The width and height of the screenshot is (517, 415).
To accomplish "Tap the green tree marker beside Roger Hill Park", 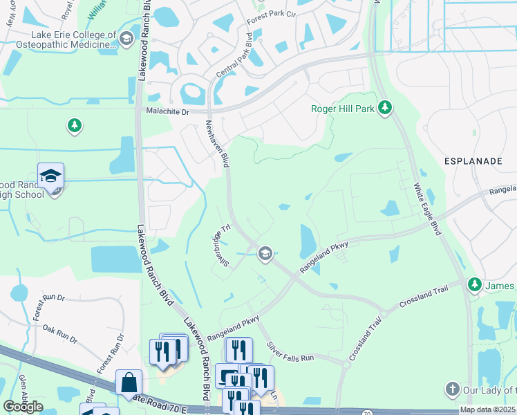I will (x=386, y=108).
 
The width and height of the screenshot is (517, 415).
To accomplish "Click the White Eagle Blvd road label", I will (x=426, y=209).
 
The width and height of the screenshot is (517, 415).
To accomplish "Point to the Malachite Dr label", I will (x=167, y=111).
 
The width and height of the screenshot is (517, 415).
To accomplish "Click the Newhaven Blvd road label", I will (x=216, y=142).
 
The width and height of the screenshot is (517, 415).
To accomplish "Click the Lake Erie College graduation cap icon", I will (x=126, y=39).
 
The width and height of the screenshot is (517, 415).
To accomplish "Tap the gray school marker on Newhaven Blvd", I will (x=264, y=254).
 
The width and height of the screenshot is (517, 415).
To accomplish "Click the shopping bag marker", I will (x=129, y=382).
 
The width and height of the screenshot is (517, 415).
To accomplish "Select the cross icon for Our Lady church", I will (x=452, y=390).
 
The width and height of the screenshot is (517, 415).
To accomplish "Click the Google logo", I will (x=23, y=407).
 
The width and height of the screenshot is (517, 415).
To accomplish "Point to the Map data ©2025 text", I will (x=487, y=409).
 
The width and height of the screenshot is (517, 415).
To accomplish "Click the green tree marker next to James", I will (x=474, y=285).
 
